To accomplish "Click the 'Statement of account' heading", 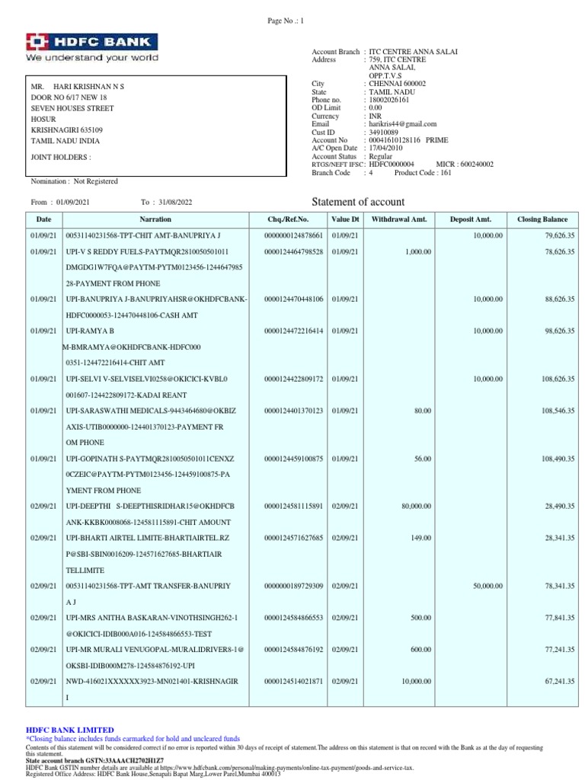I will [359, 202].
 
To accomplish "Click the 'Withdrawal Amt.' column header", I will [398, 219].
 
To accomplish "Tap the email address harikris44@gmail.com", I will [403, 123].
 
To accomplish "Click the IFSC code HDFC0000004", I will [391, 164].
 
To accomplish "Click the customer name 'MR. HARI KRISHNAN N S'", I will [75, 87].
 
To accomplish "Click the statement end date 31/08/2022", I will [176, 203].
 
